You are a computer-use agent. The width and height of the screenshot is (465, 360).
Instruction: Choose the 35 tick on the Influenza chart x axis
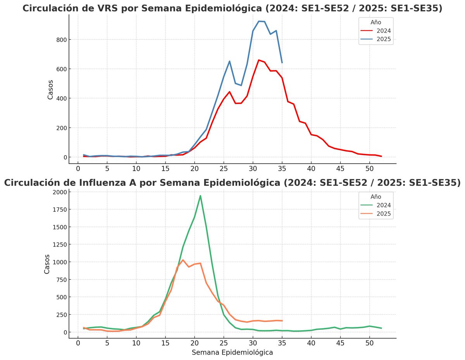click(282, 343)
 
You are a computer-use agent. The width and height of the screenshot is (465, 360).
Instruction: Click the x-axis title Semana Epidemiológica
click(232, 353)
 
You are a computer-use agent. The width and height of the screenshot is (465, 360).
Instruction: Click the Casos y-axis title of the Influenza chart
click(47, 264)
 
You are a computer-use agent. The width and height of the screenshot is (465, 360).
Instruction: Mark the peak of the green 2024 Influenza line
click(200, 195)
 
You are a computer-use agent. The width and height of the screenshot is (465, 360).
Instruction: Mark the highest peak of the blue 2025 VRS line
click(259, 21)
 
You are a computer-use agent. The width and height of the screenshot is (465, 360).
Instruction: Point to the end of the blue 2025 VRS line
click(282, 63)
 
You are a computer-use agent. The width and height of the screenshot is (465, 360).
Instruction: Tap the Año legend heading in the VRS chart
click(376, 22)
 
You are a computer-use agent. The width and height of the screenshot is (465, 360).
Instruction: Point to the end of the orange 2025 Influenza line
click(282, 321)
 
